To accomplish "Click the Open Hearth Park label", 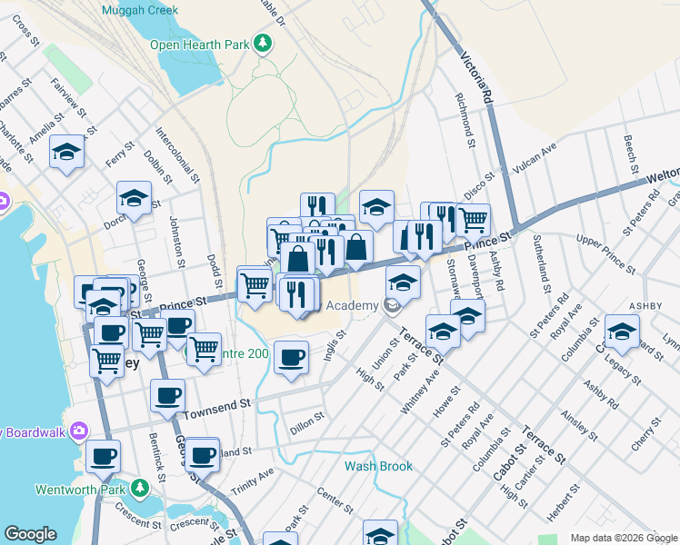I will point(199,44).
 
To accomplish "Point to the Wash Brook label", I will point(378,466).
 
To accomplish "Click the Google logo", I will point(31,534).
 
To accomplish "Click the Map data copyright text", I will point(623,538).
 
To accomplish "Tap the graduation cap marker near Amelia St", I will point(67,152).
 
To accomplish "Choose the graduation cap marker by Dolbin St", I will point(134,200).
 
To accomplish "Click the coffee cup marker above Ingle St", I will point(291,357).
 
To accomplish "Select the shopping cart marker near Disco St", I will point(473,218).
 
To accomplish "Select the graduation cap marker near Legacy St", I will point(622,332).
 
